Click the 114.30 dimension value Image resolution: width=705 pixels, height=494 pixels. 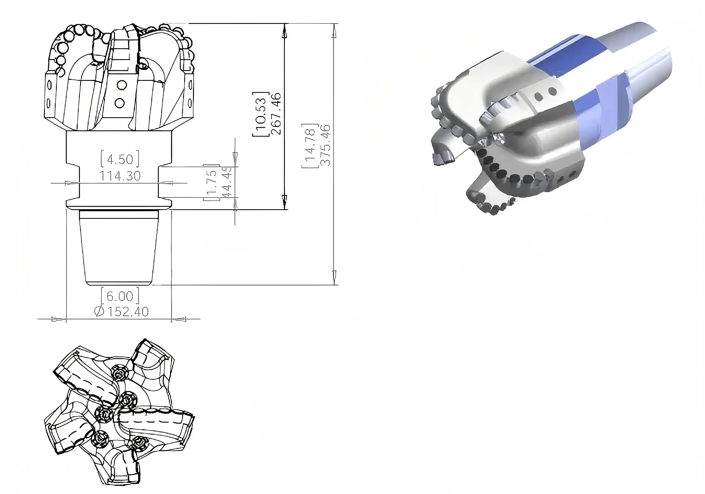click(120, 176)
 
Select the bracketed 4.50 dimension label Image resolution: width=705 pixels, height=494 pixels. click(120, 159)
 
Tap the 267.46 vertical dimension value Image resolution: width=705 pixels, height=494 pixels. click(276, 114)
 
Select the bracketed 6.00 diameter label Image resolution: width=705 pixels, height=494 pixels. click(120, 296)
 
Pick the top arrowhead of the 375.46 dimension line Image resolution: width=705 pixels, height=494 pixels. click(335, 32)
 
